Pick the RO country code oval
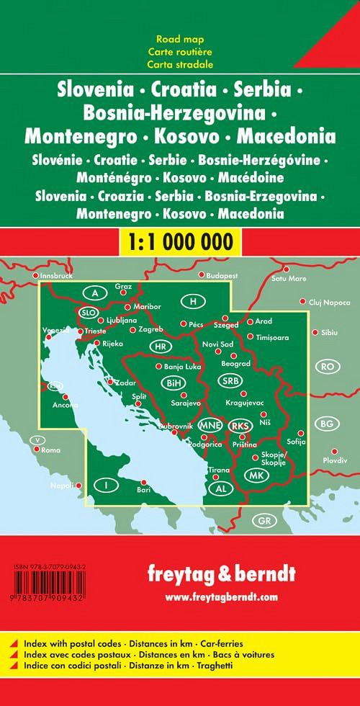click(330, 367)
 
